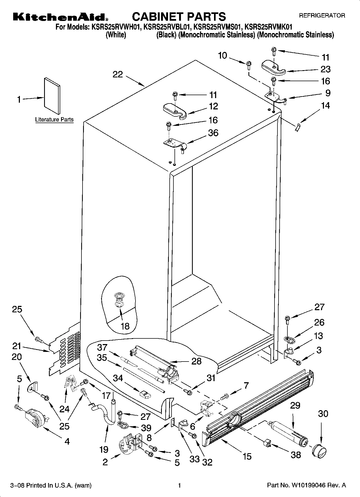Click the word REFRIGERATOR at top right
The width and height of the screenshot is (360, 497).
[x=322, y=16]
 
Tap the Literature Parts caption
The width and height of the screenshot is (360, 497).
[x=54, y=120]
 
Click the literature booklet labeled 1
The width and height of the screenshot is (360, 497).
[x=52, y=96]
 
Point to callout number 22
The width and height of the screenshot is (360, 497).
[x=117, y=74]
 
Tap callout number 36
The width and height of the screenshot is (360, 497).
[x=213, y=133]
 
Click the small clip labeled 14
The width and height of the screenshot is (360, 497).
[x=298, y=127]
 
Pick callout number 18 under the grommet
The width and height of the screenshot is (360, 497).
[x=125, y=326]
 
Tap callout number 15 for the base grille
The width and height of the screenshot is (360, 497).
[x=247, y=456]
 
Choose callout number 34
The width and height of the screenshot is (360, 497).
[x=118, y=378]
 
